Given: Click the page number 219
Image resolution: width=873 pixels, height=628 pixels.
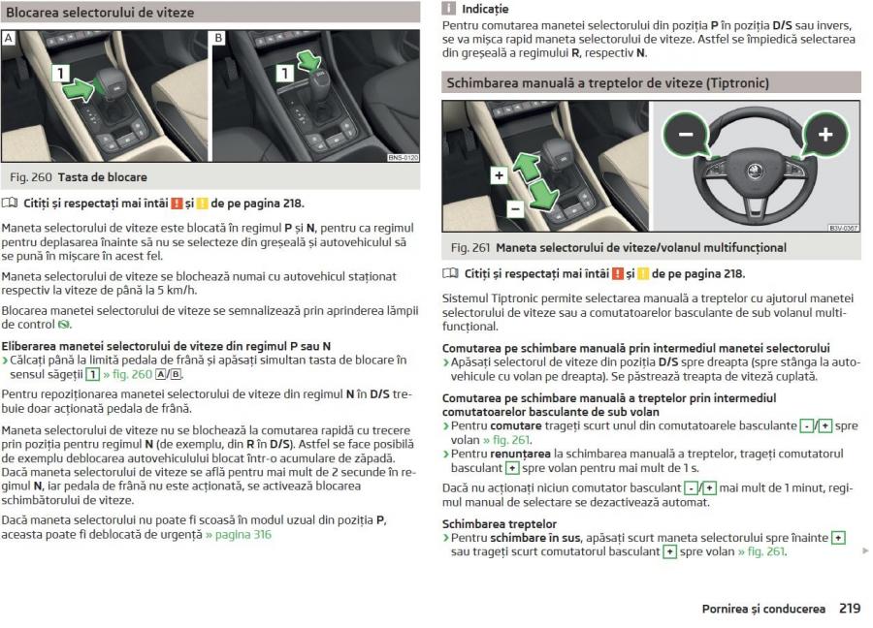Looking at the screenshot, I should (x=850, y=609).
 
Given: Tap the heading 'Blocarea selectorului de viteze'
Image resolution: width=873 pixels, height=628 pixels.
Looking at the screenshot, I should (x=100, y=13).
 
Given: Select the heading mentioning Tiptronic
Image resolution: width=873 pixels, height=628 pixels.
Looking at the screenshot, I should (x=607, y=83).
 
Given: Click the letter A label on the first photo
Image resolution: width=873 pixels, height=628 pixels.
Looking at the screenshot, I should (x=9, y=38).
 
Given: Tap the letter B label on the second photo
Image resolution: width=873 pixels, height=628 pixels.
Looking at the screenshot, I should (x=218, y=38).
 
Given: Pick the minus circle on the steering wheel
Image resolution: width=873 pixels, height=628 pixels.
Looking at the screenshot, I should (x=686, y=134).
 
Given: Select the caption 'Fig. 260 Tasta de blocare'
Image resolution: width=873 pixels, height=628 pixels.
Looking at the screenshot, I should (x=79, y=177).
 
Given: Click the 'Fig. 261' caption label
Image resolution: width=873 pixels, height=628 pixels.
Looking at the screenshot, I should (x=469, y=248).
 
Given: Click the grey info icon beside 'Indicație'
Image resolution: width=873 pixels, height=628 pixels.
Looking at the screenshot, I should (x=448, y=9).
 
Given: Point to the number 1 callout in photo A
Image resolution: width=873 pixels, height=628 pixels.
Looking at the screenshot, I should (x=59, y=73).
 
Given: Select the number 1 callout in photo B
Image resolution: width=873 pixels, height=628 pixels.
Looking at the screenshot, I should (x=283, y=73).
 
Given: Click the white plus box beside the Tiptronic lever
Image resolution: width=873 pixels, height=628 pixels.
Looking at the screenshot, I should (x=498, y=175).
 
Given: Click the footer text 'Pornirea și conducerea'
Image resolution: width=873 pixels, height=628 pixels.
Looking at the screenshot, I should (x=763, y=609).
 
